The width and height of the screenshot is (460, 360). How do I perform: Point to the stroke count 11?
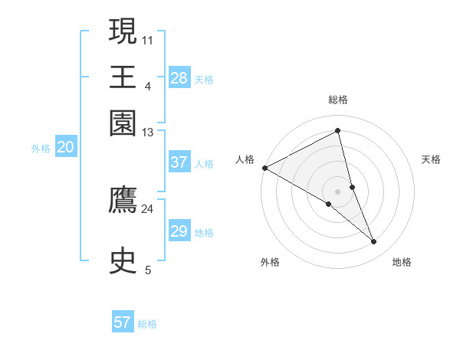[147, 38]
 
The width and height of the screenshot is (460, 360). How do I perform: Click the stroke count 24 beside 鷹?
[147, 208]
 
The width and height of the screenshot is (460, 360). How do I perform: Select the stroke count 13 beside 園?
[147, 133]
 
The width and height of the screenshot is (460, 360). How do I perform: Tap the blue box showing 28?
[179, 77]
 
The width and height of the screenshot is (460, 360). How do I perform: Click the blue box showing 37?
[179, 162]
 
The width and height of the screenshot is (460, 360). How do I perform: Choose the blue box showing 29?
[179, 231]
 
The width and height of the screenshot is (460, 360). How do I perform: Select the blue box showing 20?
[65, 148]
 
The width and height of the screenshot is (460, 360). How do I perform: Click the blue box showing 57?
[123, 322]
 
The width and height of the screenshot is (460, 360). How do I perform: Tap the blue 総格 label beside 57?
[147, 324]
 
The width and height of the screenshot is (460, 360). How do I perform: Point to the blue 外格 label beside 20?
[41, 149]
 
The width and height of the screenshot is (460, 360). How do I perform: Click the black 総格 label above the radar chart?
[337, 100]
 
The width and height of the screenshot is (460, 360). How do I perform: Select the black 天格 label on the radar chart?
[432, 159]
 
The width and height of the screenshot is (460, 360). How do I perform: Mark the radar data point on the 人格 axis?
[264, 168]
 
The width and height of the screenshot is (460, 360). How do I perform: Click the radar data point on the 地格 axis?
[374, 242]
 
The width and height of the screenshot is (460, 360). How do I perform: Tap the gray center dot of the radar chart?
[337, 191]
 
